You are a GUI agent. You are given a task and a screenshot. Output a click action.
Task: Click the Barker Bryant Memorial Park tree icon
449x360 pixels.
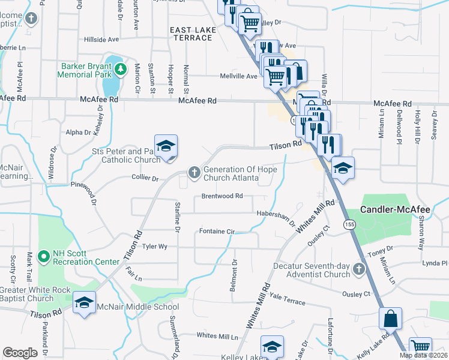(121, 69)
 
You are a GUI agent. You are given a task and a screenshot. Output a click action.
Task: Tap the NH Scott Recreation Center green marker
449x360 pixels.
(43, 257)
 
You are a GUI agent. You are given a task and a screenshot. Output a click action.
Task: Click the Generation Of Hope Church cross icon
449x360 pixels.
(194, 173)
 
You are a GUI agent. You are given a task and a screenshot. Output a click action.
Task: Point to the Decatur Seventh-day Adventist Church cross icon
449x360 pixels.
(359, 269)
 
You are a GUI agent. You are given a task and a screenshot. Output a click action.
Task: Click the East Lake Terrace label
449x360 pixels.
(191, 34)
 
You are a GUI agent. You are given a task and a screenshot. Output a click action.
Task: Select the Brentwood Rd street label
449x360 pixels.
(222, 196)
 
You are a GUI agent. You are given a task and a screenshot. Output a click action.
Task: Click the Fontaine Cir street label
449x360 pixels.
(217, 231)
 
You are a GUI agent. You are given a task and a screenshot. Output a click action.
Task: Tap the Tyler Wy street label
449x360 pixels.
(154, 246)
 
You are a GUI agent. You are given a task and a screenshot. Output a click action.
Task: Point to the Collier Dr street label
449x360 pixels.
(145, 178)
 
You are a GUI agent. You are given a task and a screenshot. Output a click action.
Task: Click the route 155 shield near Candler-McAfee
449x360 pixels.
(349, 224)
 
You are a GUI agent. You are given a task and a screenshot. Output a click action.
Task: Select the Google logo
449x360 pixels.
(20, 353)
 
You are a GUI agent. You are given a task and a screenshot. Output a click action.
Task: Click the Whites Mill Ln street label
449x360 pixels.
(218, 336)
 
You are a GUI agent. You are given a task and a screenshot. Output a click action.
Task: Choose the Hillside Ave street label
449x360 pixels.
(101, 40)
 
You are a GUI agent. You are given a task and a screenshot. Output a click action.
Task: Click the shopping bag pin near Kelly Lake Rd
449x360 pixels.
(390, 319)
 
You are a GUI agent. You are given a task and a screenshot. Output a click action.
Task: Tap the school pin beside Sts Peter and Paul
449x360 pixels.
(166, 146)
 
